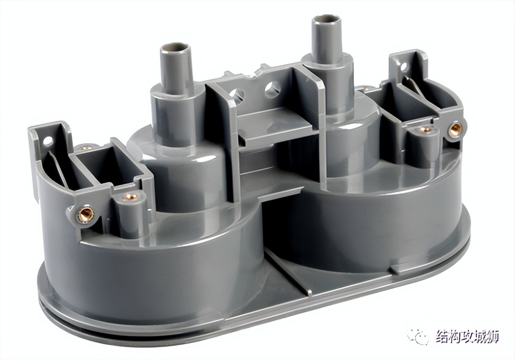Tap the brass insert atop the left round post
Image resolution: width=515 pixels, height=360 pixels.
[x=130, y=197]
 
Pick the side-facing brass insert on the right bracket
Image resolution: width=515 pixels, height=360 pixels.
[x=455, y=129]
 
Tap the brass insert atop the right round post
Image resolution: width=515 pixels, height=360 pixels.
[x=425, y=130]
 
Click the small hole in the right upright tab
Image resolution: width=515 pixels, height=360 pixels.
[x=403, y=66]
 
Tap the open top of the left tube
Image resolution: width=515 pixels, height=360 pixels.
[x=176, y=49]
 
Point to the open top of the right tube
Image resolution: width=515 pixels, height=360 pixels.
[x=326, y=21]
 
